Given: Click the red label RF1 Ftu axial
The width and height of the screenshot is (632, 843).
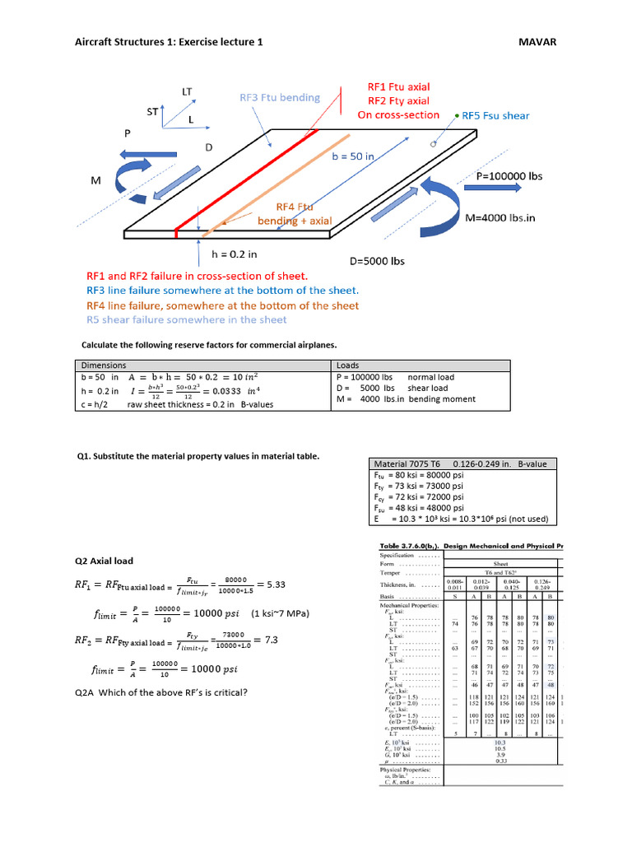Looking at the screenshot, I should [398, 86].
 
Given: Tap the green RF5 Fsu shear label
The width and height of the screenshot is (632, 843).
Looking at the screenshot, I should [495, 116].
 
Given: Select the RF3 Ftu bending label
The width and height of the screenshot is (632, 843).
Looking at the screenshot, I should [279, 97].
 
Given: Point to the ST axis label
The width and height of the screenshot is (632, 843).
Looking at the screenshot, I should [153, 110].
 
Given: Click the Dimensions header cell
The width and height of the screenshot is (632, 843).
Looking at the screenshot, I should [103, 365].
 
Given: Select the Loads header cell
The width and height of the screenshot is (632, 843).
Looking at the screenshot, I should [349, 365].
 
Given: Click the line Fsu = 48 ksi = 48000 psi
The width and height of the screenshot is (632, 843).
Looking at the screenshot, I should [419, 508].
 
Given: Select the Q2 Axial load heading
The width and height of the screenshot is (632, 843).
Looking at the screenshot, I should [104, 561].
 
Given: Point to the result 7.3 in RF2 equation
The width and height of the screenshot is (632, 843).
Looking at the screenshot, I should [270, 639].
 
